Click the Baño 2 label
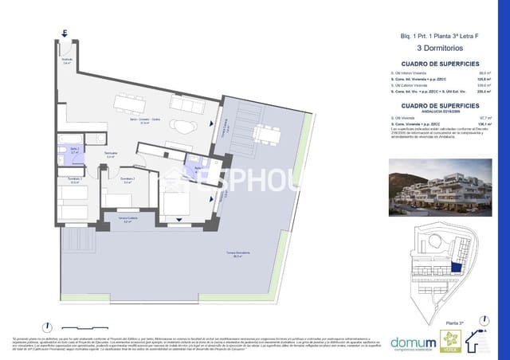coord(73,151)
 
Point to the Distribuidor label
coord(112,155)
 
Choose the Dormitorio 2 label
coord(127,181)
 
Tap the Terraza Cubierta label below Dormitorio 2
coord(122,221)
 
